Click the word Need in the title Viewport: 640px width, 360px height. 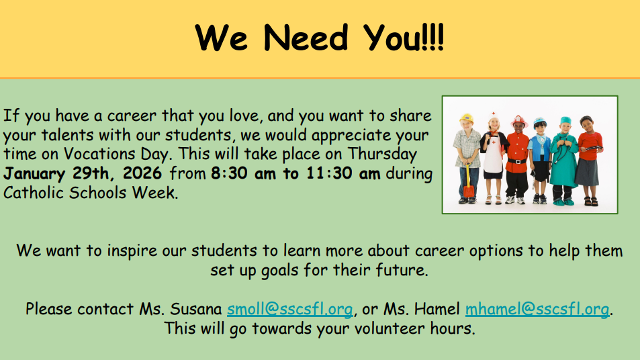306,38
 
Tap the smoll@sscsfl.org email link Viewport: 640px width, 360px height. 290,309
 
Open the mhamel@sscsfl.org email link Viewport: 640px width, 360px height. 537,309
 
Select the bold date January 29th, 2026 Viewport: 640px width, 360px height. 83,173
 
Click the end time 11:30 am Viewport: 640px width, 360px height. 343,173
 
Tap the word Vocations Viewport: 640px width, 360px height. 99,154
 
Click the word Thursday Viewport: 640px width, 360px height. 382,154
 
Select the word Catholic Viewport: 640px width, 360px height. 34,192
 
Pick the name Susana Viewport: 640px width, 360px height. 195,309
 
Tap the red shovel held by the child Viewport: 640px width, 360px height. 468,183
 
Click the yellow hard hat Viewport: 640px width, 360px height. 466,118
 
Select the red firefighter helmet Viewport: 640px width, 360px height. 518,121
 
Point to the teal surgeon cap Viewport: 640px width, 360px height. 565,120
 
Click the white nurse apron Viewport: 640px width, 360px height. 493,156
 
